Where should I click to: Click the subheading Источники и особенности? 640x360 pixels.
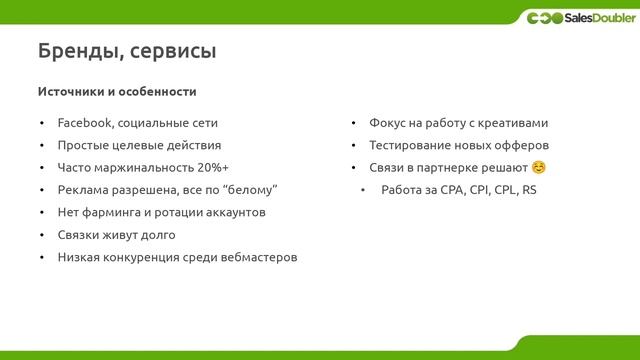pyautogui.click(x=116, y=91)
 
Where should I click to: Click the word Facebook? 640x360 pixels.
pyautogui.click(x=86, y=123)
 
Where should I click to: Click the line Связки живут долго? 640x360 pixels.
pyautogui.click(x=116, y=235)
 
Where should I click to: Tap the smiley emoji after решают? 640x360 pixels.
pyautogui.click(x=539, y=167)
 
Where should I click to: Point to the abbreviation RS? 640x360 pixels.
pyautogui.click(x=529, y=190)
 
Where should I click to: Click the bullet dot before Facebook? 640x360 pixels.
pyautogui.click(x=42, y=124)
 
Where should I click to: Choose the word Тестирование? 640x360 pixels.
pyautogui.click(x=409, y=145)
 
